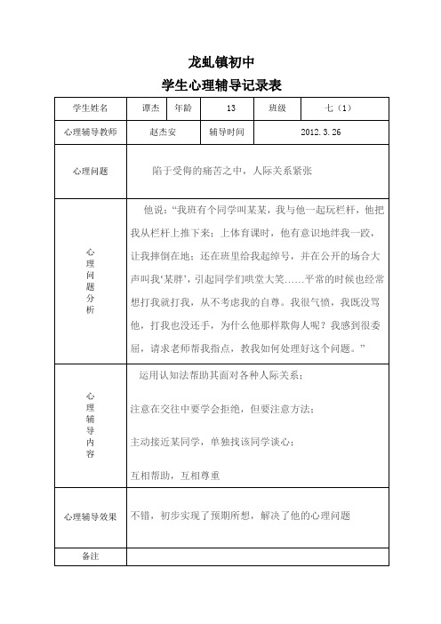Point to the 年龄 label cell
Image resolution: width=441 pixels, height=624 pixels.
click(x=182, y=108)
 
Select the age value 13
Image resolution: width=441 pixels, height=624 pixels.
click(x=230, y=108)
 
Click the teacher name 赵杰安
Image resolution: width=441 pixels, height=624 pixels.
click(x=165, y=132)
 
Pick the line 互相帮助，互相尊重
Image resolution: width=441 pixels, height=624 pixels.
click(x=175, y=476)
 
